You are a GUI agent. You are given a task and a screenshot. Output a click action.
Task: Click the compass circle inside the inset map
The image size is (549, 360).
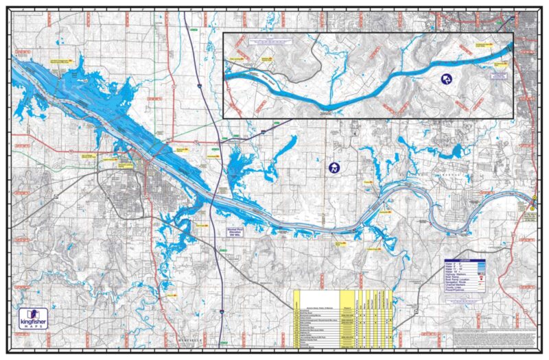click(x=447, y=79)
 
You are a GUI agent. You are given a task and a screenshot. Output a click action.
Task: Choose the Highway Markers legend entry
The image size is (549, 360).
click(x=469, y=274)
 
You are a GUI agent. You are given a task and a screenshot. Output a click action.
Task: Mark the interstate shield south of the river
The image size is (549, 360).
click(x=223, y=313)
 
